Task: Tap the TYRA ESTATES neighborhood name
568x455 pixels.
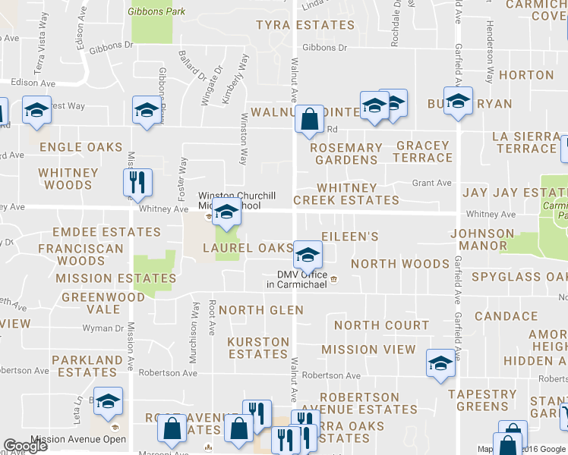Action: pos(305,25)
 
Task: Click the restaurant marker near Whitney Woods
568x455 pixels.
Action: pos(138,183)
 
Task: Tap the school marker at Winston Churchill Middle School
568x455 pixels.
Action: pos(226,214)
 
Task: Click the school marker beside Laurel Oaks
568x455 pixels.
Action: pos(308,254)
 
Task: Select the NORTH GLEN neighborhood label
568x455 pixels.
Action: pos(261,309)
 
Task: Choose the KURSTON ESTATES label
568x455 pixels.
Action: pos(258,348)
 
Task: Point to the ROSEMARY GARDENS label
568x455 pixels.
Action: pos(346,154)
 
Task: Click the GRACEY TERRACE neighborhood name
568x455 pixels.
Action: pos(424,152)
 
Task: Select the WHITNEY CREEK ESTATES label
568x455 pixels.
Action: pos(346,194)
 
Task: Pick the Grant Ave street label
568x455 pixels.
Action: pos(431,183)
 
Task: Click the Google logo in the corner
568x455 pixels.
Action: pos(25,447)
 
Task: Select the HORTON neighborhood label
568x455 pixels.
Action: pos(526,75)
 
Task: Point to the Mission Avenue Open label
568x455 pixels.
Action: pos(78,439)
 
